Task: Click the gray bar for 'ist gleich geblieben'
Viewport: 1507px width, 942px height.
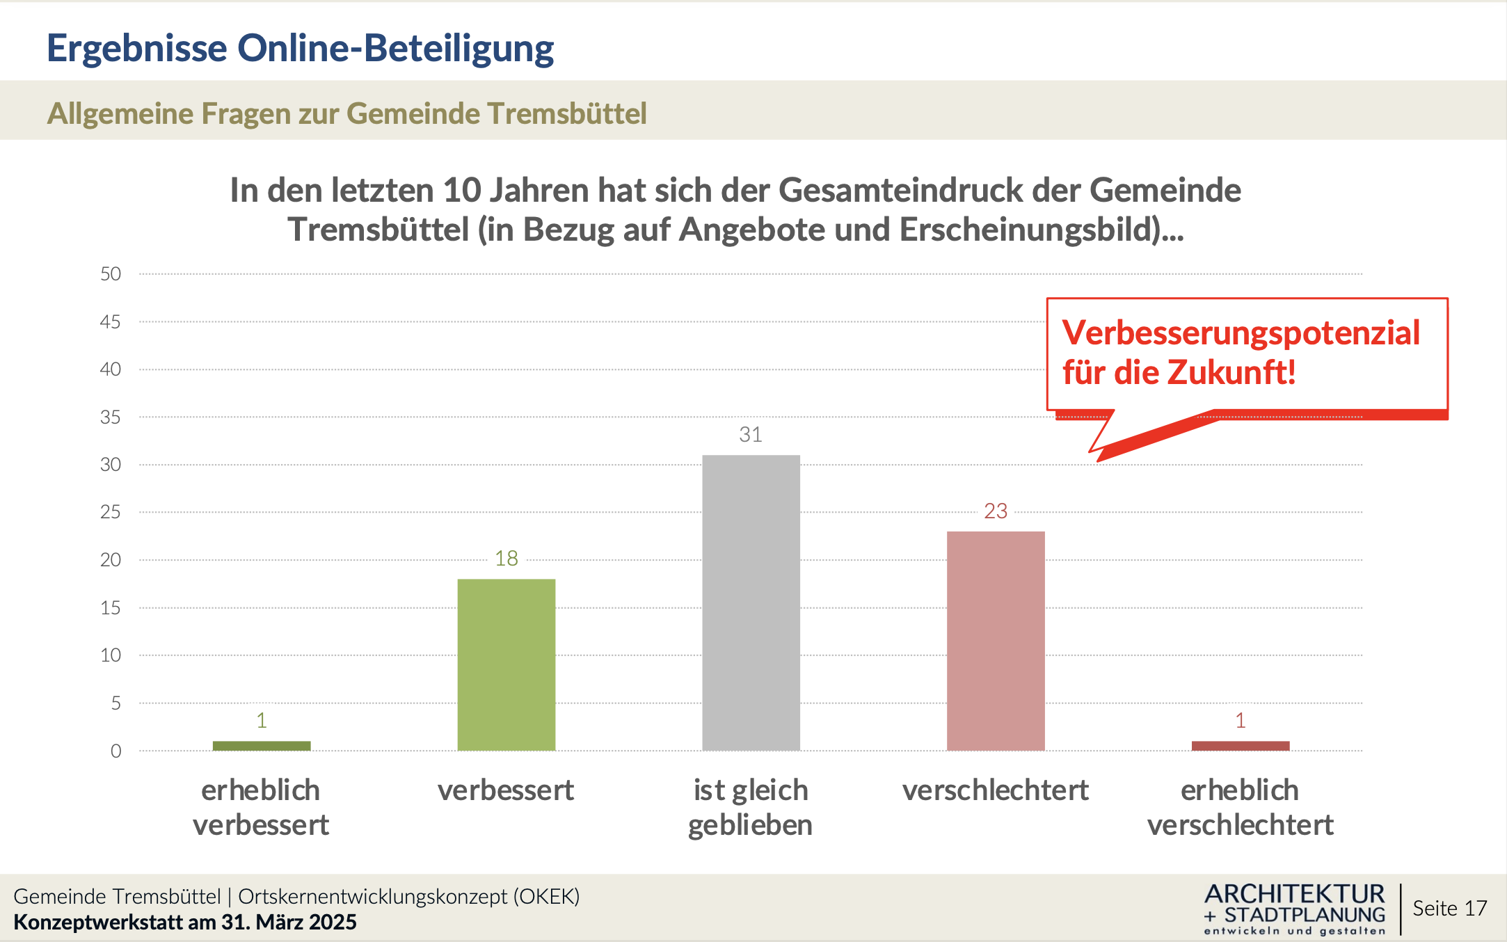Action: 751,602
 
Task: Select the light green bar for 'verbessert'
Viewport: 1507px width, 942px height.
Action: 506,664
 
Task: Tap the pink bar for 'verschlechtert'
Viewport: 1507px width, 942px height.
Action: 995,641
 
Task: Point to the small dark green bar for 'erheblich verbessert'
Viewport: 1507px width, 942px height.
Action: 262,746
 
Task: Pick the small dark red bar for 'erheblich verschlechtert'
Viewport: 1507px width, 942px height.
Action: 1240,746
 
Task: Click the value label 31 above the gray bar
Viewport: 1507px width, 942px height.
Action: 751,435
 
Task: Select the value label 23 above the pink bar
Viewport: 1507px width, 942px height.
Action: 995,511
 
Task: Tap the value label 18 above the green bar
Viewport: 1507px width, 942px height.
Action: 506,559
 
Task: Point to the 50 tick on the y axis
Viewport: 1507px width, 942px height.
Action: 111,274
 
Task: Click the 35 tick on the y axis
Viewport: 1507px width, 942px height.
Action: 111,417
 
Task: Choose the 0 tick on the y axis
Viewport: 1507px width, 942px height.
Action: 115,751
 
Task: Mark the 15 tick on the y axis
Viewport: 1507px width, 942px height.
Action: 111,608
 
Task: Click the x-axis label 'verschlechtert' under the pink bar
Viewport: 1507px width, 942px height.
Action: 995,790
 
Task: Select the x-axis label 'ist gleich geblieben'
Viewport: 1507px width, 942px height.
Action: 751,808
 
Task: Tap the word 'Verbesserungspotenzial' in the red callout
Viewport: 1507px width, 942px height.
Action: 1241,333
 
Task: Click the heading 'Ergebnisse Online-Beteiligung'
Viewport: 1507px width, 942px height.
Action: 300,48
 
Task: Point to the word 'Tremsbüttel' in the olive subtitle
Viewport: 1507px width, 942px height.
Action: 566,113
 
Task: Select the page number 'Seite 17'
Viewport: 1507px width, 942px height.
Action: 1449,909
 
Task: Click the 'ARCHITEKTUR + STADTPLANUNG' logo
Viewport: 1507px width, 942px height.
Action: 1294,909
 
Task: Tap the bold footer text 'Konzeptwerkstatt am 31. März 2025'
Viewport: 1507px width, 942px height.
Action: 185,923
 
